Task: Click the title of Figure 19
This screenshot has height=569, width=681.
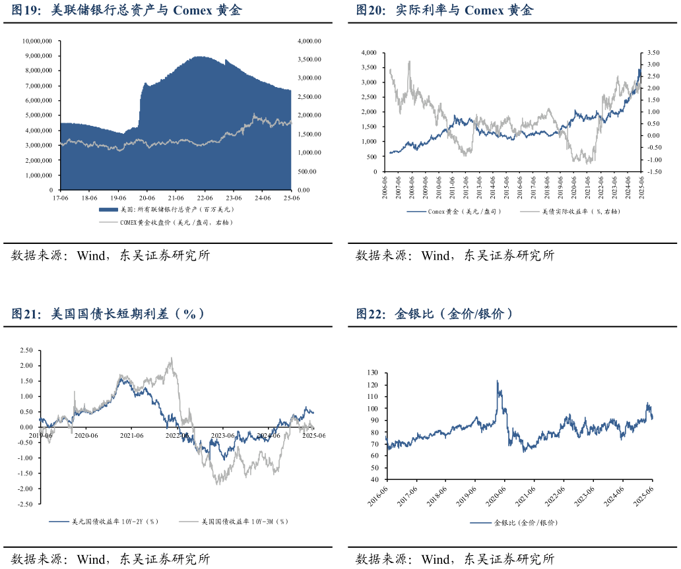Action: coord(126,11)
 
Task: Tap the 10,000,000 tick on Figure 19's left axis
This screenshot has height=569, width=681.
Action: coord(37,41)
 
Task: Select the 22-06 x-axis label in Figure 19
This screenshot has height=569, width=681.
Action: coord(204,197)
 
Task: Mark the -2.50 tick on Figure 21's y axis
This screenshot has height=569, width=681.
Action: coord(26,504)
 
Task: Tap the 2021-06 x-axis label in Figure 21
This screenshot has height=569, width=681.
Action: coord(131,435)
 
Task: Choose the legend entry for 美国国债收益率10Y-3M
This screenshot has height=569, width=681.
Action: coord(245,522)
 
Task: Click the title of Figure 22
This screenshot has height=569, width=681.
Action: coord(434,314)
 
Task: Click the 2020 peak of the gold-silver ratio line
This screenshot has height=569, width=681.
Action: coord(498,380)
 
